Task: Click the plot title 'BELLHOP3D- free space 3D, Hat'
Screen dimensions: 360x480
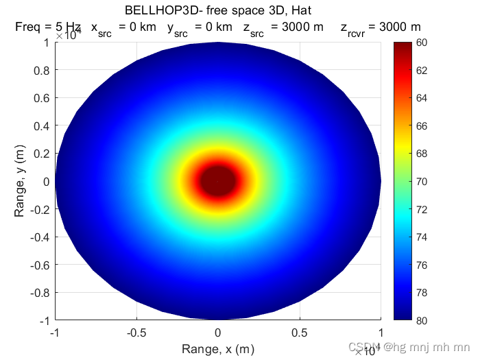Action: coord(218,10)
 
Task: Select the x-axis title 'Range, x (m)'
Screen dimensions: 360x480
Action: coord(217,349)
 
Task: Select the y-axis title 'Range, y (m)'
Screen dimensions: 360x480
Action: coord(20,181)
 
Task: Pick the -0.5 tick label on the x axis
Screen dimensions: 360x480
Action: coord(136,333)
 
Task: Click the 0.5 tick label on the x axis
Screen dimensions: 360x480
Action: coord(300,333)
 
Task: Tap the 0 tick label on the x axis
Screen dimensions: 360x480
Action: coord(218,333)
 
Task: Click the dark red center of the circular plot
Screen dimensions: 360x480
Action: coord(218,180)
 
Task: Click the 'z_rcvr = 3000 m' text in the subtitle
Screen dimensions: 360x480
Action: coord(381,27)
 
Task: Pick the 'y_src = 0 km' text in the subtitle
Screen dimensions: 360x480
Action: coord(200,27)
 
